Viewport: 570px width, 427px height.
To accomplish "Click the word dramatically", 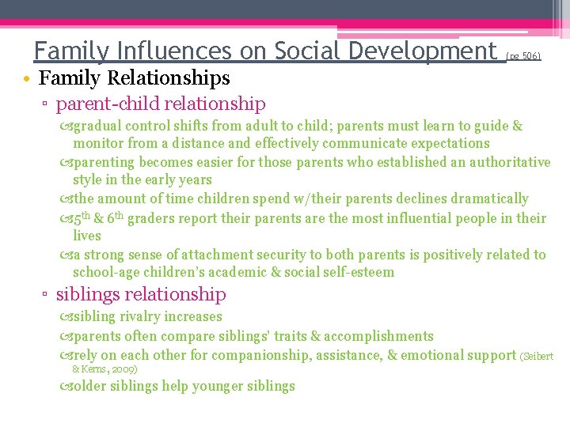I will coord(484,198).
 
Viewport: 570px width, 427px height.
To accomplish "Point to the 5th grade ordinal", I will coord(85,217).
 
